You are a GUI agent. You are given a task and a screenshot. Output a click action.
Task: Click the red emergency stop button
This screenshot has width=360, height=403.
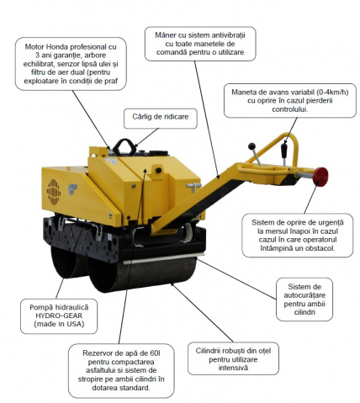[x=320, y=177]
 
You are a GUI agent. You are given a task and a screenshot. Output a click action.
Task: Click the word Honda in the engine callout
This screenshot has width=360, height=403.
[x=56, y=46]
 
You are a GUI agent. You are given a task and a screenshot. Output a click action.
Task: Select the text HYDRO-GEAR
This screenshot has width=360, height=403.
[x=59, y=316]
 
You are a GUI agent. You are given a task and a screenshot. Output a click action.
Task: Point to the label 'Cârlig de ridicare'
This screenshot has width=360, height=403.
[x=161, y=117]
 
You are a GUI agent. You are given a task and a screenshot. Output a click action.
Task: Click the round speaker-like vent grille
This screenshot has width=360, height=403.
[x=54, y=192]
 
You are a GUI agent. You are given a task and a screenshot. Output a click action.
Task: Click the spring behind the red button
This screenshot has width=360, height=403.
[x=304, y=175]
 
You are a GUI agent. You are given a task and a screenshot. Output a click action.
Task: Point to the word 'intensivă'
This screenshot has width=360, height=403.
[x=233, y=368]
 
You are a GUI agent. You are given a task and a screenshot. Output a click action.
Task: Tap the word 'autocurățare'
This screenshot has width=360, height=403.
[x=304, y=295]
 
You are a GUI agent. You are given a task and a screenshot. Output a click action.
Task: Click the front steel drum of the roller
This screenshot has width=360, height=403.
[x=141, y=273]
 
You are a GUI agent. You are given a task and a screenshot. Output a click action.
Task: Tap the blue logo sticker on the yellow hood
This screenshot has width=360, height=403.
[x=72, y=189]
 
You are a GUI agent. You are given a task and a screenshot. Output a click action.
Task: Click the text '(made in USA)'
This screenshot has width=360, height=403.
[x=59, y=324]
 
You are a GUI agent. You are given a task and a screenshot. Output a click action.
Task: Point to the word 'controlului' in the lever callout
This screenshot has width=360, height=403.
[x=290, y=109]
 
